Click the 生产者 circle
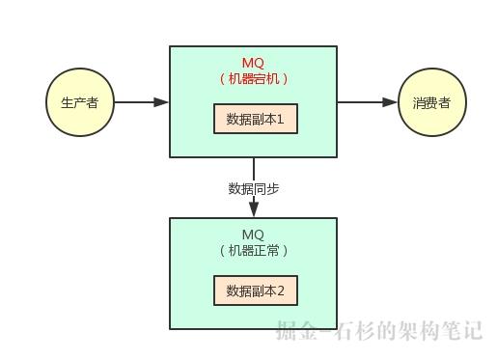click(x=79, y=102)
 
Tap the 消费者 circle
click(x=431, y=102)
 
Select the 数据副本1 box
click(x=254, y=120)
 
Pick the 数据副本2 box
click(x=254, y=291)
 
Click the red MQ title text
click(x=253, y=63)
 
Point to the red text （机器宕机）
click(x=254, y=79)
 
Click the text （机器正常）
click(x=254, y=250)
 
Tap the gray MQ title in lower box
click(x=253, y=235)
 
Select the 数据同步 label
click(x=254, y=188)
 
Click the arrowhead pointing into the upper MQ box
click(x=162, y=102)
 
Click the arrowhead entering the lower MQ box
click(x=254, y=210)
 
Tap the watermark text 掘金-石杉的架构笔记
click(x=378, y=331)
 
